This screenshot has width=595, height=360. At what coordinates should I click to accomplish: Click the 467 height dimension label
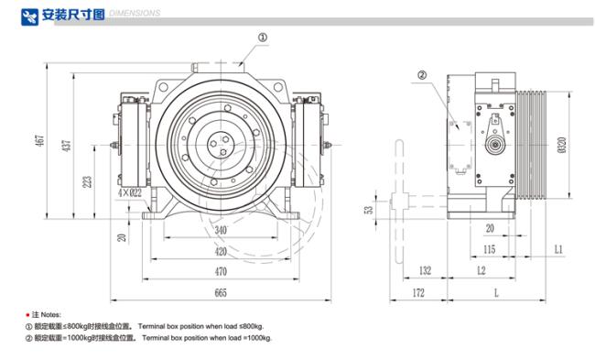pos(40,140)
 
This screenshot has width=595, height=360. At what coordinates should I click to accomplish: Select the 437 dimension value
pos(67,146)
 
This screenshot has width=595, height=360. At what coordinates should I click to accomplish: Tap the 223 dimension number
pos(87,182)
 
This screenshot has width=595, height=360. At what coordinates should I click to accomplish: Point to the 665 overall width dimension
pos(221,293)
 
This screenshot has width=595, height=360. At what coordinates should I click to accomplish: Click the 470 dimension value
pos(221,271)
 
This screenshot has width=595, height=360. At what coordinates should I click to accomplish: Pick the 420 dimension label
pos(221,251)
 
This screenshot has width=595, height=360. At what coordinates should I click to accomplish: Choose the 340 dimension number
pos(221,230)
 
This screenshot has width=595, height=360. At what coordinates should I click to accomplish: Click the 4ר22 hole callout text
pos(130,192)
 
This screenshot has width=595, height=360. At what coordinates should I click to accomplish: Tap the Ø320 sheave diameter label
pos(562,145)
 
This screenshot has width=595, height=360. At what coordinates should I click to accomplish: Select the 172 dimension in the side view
pos(418,293)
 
